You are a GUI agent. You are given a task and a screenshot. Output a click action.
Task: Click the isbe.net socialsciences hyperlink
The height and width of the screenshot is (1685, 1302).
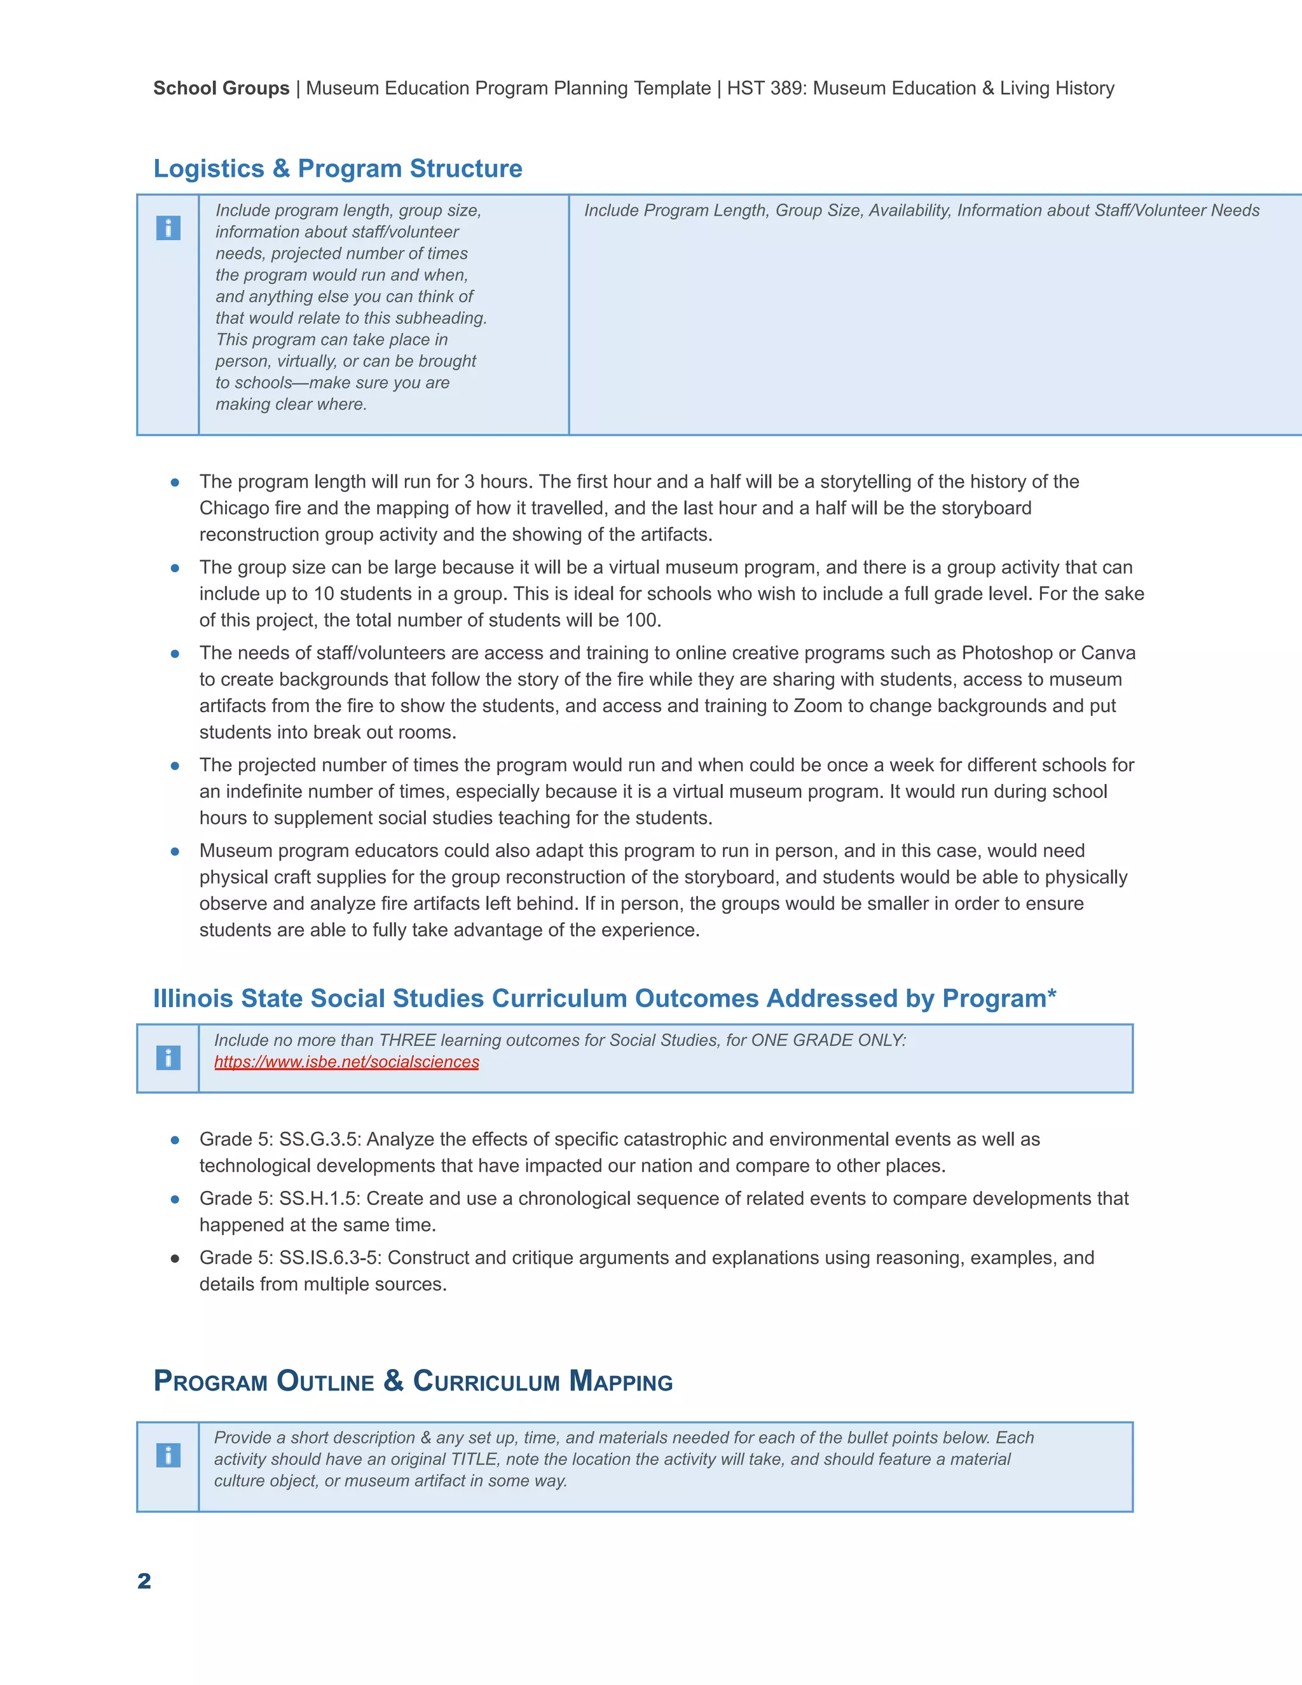(x=346, y=1063)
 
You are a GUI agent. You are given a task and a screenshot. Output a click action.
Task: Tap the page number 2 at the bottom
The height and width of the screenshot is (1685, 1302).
(x=144, y=1581)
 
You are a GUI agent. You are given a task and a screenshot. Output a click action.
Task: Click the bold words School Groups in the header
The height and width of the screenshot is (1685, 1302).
(x=221, y=89)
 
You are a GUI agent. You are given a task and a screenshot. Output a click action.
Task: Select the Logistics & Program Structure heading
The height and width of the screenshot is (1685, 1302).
(x=338, y=168)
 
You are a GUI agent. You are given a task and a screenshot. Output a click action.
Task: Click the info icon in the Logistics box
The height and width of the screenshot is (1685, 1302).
(x=168, y=228)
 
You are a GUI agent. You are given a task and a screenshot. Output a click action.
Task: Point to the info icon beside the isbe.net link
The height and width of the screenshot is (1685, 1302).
(x=168, y=1058)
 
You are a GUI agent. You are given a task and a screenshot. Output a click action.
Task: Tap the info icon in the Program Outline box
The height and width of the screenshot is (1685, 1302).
(x=168, y=1455)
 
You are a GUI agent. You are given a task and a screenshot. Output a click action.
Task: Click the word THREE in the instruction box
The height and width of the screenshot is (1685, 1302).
(x=408, y=1041)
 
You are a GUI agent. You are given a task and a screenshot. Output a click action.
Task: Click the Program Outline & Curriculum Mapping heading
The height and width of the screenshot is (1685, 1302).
(x=413, y=1381)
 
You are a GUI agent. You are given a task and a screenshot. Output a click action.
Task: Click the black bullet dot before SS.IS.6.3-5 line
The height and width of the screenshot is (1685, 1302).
(x=175, y=1259)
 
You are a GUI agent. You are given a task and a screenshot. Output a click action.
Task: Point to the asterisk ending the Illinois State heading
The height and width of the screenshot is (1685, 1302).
(x=1052, y=994)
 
